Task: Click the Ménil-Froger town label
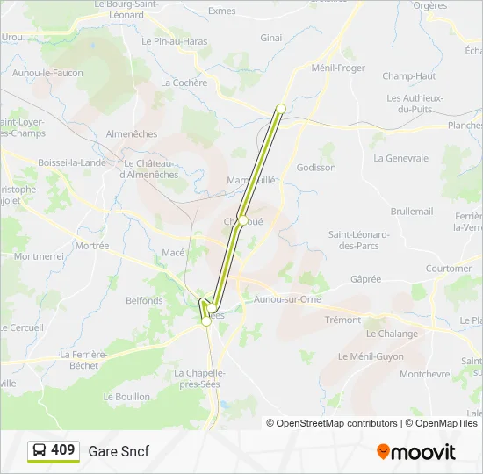pos(338,68)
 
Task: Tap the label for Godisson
pos(316,168)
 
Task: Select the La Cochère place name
pos(184,83)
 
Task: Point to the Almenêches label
pos(131,134)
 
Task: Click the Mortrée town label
pos(92,247)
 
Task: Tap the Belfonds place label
pos(144,300)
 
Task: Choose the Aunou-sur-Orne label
pos(287,299)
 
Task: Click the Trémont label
pos(342,320)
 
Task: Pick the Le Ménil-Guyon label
pos(371,356)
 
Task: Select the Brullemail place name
pos(412,212)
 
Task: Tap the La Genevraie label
pos(400,159)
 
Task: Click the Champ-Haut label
pos(409,76)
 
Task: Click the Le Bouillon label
pos(126,397)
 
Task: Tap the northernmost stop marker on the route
pos(281,109)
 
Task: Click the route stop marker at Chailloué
pos(242,220)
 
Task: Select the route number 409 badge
pos(54,451)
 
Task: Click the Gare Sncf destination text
pos(119,452)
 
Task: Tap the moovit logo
pos(416,452)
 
